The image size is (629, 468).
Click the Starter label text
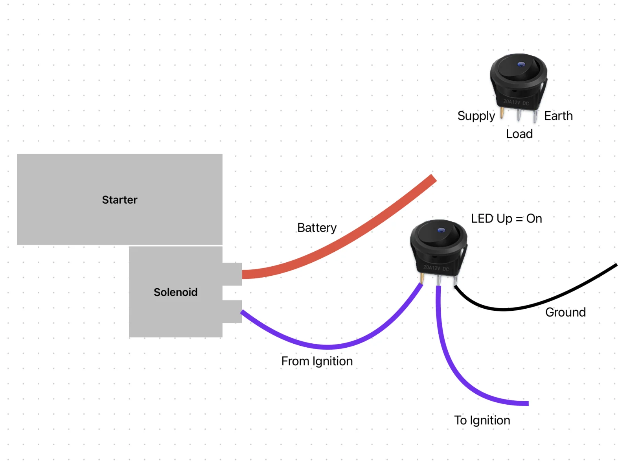(120, 200)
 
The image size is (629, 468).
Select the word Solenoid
(176, 292)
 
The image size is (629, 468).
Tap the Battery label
(317, 228)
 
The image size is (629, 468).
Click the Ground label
(565, 312)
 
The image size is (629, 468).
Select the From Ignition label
(317, 361)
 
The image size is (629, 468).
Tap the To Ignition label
(482, 420)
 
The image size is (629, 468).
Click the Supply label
(476, 116)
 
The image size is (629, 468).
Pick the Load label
(519, 134)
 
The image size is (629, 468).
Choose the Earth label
(558, 116)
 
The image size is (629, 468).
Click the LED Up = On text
(506, 219)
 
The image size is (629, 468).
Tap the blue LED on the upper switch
(520, 64)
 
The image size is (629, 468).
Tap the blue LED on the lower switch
(441, 230)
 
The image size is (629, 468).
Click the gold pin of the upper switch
(502, 112)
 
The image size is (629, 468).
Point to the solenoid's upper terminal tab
(232, 274)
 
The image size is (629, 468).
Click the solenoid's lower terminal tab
(232, 311)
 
